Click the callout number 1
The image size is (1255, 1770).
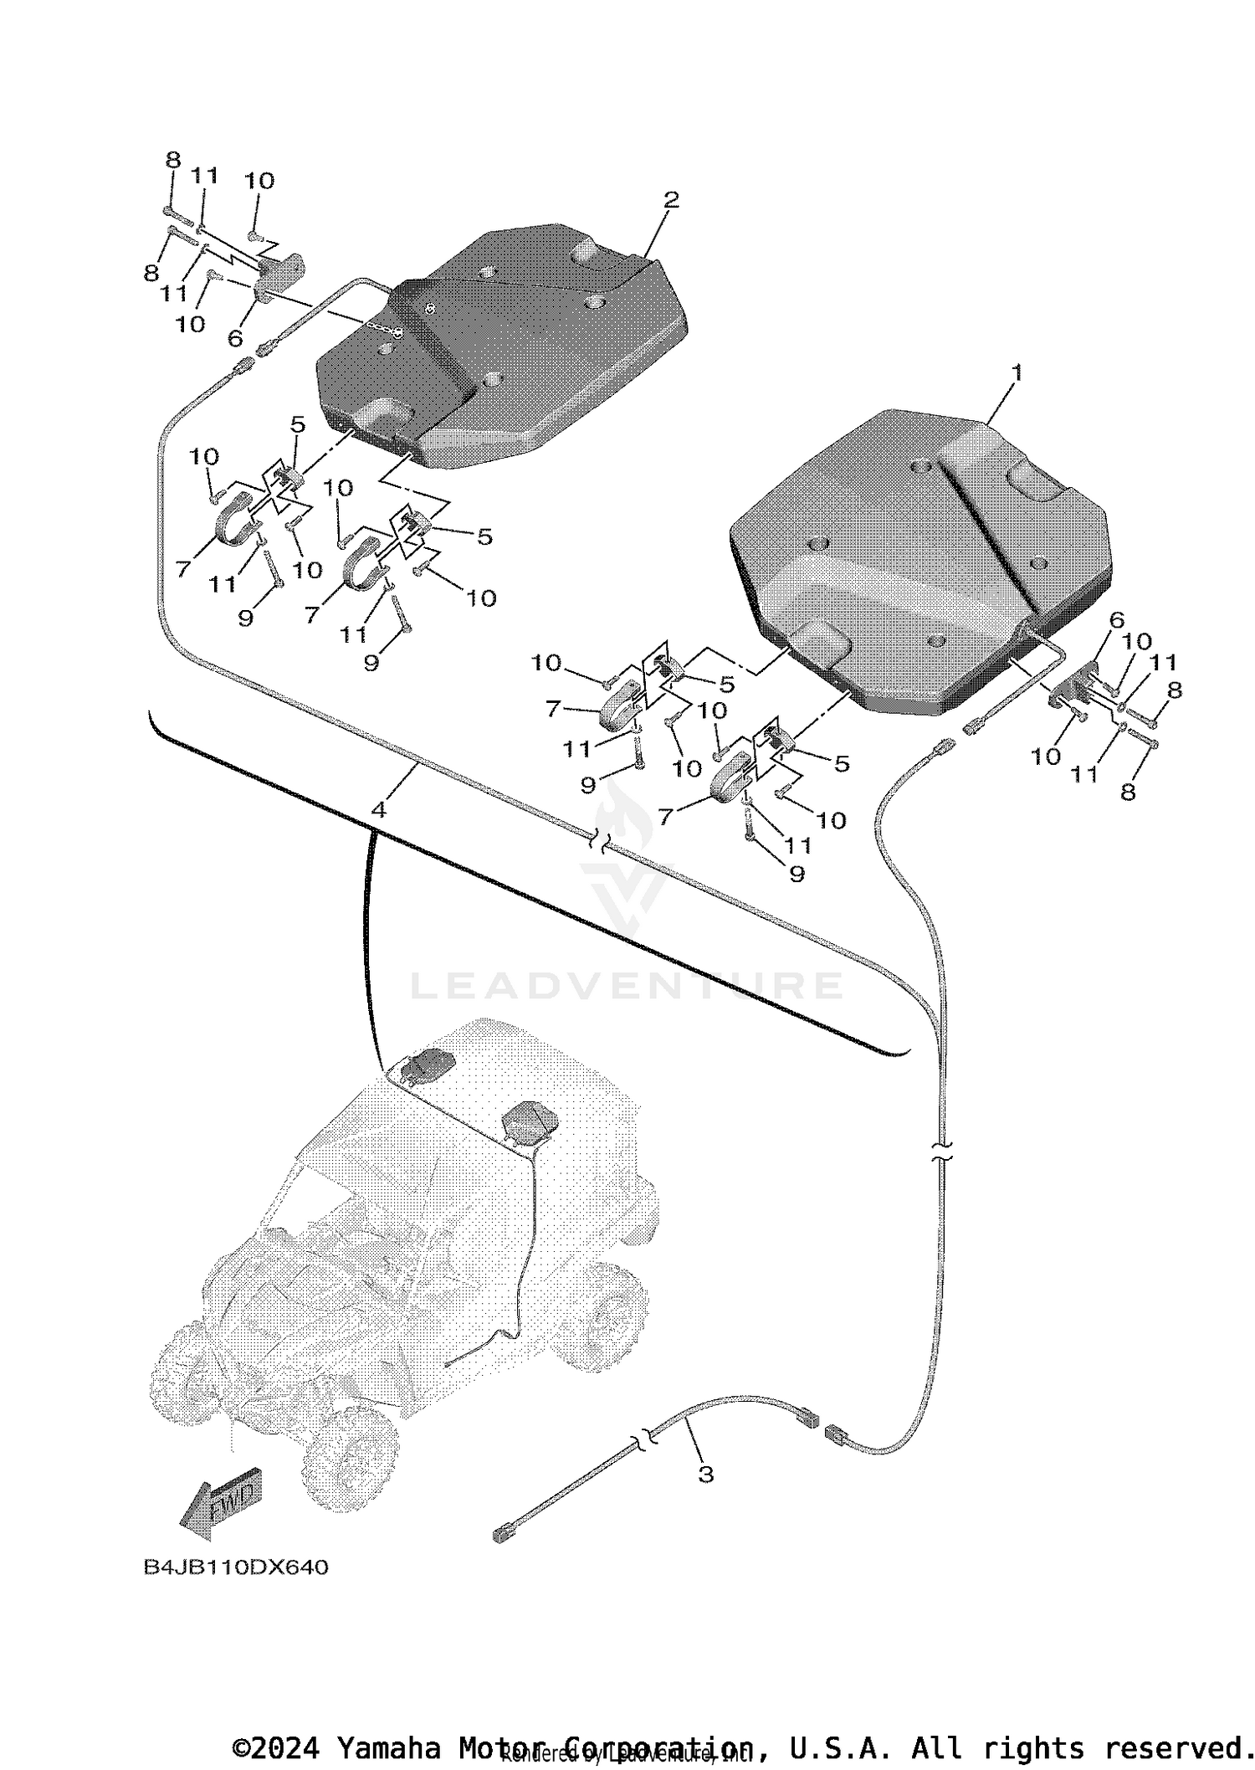click(1017, 372)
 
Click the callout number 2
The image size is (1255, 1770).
click(670, 200)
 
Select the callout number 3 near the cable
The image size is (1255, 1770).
click(705, 1475)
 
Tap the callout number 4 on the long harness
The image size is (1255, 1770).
click(379, 809)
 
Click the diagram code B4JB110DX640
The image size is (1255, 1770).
click(236, 1567)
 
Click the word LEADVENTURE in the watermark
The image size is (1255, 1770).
click(626, 985)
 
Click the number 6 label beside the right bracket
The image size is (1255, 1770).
click(1116, 620)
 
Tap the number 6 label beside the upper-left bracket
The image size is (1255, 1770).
click(235, 337)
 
